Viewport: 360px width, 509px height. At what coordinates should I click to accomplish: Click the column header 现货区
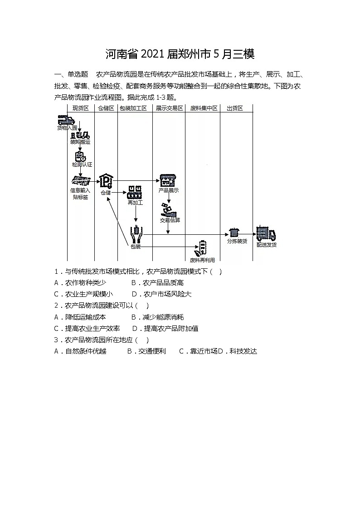point(81,108)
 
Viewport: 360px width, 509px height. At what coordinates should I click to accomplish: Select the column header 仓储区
point(106,108)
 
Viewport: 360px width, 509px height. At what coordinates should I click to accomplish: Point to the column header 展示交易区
point(169,108)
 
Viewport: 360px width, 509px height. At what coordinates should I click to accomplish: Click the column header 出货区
point(235,108)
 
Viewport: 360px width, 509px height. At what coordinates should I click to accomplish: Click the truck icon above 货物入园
point(66,120)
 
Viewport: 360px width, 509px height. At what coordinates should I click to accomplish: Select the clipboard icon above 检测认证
point(81,156)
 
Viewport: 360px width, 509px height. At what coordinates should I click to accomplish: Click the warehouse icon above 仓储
point(106,181)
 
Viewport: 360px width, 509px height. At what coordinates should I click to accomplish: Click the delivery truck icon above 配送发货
point(266,234)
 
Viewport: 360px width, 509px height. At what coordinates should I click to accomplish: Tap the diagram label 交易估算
point(170,220)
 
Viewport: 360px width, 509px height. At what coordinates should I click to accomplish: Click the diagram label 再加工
point(135,203)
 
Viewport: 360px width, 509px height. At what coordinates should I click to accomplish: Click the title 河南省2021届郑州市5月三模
point(180,54)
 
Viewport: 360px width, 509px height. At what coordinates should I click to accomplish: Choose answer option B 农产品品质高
point(157,283)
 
